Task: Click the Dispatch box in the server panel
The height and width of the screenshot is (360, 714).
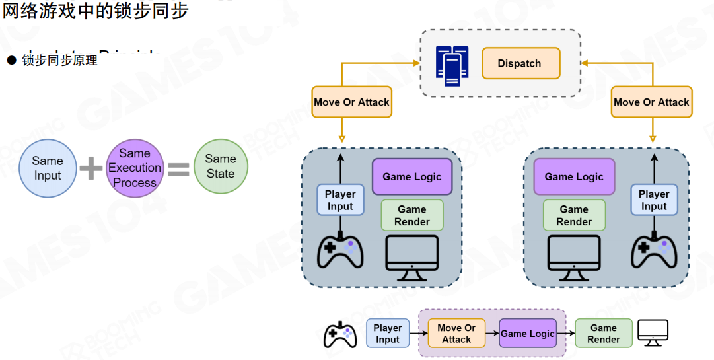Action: pyautogui.click(x=520, y=63)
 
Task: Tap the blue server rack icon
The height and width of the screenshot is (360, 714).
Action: pyautogui.click(x=452, y=66)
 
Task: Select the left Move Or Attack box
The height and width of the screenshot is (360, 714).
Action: pyautogui.click(x=351, y=102)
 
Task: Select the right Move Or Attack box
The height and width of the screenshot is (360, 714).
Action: pyautogui.click(x=651, y=102)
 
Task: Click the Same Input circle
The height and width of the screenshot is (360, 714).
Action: pyautogui.click(x=48, y=168)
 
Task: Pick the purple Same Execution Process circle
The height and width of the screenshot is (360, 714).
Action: pyautogui.click(x=135, y=168)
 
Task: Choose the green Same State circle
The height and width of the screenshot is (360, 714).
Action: pyautogui.click(x=221, y=166)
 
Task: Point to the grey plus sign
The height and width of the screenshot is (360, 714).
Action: pyautogui.click(x=91, y=168)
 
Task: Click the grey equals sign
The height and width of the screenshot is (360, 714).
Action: pyautogui.click(x=178, y=168)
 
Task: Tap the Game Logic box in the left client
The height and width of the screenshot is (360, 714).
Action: pyautogui.click(x=412, y=176)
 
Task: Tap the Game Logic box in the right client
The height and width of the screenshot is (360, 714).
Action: pyautogui.click(x=574, y=176)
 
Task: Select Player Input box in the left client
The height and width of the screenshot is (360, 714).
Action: pyautogui.click(x=340, y=200)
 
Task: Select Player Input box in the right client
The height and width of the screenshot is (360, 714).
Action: pyautogui.click(x=654, y=200)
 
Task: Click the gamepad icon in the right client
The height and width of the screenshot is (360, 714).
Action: pyautogui.click(x=654, y=252)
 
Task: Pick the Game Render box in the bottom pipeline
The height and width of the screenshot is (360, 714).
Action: pyautogui.click(x=604, y=334)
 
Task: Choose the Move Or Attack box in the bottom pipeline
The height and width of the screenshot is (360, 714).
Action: pyautogui.click(x=456, y=334)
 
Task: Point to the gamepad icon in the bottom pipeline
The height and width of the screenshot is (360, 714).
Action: pyautogui.click(x=340, y=334)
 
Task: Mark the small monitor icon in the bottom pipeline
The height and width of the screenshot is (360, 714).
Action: pyautogui.click(x=653, y=333)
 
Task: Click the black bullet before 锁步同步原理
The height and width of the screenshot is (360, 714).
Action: pyautogui.click(x=11, y=61)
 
